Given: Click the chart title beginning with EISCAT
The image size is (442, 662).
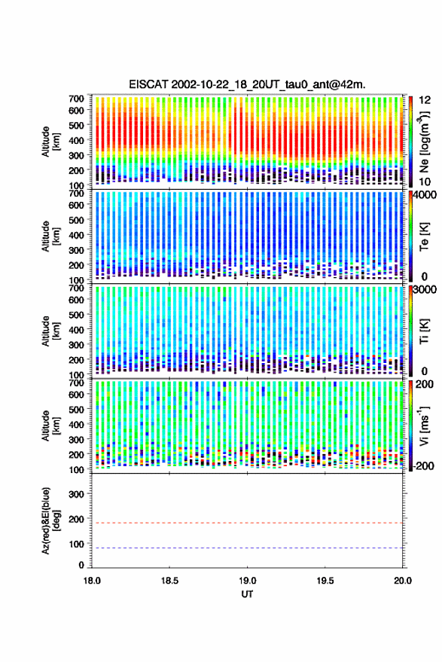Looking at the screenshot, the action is (248, 84).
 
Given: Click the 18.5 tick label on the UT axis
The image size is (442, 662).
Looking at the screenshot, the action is (169, 581).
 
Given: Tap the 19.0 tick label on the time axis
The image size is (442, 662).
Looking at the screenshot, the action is (247, 581).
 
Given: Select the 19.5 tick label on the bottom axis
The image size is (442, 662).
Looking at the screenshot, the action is (325, 581).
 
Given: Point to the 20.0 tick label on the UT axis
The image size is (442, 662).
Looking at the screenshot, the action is (402, 581).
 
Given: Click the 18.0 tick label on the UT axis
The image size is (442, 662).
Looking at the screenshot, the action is (92, 581).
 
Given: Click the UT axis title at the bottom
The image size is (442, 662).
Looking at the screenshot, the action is (247, 594).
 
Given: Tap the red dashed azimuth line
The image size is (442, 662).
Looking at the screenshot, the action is (247, 523).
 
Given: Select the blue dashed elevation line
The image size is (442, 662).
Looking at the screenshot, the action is (247, 548).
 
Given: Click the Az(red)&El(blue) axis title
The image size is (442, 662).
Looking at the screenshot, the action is (50, 520).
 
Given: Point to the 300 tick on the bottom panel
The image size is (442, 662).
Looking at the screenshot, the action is (76, 494).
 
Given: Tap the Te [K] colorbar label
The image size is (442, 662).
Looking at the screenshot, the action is (424, 236).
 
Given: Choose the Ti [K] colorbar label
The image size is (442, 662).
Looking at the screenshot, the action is (424, 331).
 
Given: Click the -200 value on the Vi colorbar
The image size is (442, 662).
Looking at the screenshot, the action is (423, 466).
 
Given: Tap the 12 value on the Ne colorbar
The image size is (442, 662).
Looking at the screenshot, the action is (425, 100).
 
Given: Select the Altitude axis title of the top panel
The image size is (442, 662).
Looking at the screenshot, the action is (50, 142).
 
